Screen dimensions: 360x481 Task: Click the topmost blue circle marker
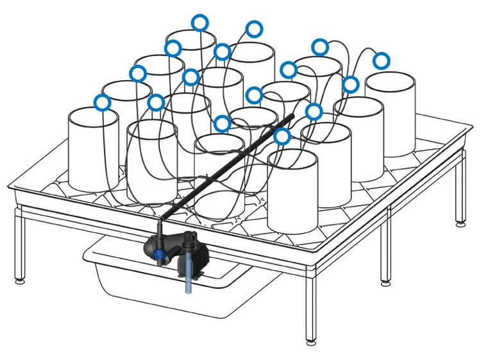[x=200, y=22]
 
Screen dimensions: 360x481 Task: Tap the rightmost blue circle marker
[x=381, y=61]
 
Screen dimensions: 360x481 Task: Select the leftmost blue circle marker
[x=102, y=102]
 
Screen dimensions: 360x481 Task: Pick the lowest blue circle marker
[x=282, y=136]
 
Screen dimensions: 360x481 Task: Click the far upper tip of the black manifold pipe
[x=292, y=117]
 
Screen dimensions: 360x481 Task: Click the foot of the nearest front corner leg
[x=311, y=341]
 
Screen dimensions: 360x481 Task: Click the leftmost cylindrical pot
[x=94, y=149]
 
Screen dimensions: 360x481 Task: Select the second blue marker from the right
[x=350, y=85]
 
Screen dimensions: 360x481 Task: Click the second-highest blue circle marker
[x=255, y=28]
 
